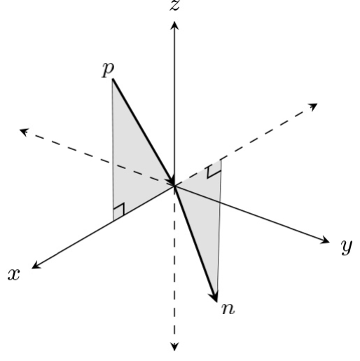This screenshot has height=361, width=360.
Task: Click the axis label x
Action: pyautogui.click(x=13, y=273)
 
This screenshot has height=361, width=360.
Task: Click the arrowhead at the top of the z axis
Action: pyautogui.click(x=174, y=25)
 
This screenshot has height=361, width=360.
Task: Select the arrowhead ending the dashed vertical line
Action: pyautogui.click(x=174, y=345)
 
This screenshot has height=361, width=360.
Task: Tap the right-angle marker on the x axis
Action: pyautogui.click(x=119, y=210)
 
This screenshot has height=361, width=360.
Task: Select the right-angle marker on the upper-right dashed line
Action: pyautogui.click(x=214, y=168)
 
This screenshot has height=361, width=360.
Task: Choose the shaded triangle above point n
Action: pyautogui.click(x=207, y=210)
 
